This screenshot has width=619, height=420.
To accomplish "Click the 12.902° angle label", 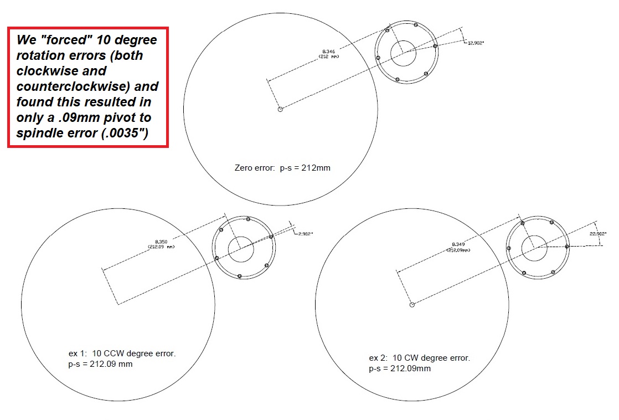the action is point(476,43).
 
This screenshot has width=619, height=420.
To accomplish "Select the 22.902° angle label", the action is point(597,233).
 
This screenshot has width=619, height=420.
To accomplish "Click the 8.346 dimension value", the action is point(328,52).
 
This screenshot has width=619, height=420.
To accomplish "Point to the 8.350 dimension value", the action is point(161,242).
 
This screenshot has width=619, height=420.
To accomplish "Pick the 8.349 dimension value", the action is point(458,244).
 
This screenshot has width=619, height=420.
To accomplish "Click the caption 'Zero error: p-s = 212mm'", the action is point(282,167).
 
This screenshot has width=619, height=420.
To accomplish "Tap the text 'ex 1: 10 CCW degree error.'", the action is point(122,353).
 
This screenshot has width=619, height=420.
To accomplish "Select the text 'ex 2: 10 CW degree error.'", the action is point(419,358).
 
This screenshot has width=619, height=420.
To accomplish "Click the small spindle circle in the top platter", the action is point(280,109).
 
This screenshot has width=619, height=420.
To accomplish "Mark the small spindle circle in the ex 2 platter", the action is point(412,305).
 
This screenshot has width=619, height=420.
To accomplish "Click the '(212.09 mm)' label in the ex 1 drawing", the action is point(161,247).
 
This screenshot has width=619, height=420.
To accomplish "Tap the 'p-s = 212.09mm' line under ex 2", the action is point(400,368).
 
